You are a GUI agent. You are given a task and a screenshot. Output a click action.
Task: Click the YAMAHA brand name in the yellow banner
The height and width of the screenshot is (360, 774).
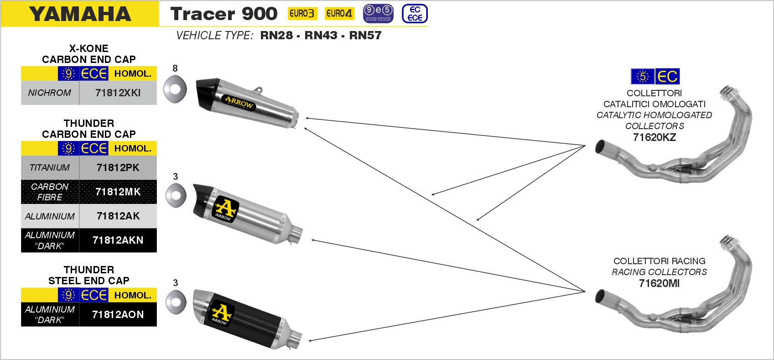pos(80,14)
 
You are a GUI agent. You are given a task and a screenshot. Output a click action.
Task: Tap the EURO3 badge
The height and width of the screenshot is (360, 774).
pos(302,14)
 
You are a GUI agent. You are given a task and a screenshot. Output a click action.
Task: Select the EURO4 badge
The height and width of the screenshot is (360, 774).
pos(339,14)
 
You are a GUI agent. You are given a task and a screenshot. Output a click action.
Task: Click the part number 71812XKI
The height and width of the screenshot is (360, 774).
pos(118,93)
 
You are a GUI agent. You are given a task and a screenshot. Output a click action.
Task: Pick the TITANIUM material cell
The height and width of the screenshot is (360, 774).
pos(50,167)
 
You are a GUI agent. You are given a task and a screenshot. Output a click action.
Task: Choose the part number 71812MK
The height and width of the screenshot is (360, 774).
pos(118,192)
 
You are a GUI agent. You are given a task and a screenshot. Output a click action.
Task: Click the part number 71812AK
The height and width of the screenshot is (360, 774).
pos(118,216)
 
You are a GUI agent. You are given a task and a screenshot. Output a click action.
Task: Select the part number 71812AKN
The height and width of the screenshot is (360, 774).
pos(118,240)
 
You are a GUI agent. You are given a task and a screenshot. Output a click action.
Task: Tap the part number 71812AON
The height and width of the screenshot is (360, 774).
pos(118,314)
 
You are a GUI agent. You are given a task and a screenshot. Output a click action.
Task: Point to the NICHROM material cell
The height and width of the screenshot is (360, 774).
pos(50,93)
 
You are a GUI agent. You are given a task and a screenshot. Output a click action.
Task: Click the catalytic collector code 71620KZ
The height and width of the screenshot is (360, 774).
pos(655,137)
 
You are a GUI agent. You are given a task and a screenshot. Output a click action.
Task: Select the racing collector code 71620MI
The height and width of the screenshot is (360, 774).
pos(659,283)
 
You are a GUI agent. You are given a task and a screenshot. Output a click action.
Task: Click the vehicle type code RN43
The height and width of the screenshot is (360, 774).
pos(321,35)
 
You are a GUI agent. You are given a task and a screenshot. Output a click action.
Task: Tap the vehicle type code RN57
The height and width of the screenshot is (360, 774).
pos(365,35)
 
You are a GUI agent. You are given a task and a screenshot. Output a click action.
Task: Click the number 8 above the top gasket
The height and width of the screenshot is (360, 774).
pos(175,68)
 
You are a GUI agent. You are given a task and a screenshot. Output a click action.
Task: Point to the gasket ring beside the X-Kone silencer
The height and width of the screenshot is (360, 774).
pos(175,89)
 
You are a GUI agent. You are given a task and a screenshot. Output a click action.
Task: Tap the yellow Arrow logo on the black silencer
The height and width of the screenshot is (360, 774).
pos(222,313)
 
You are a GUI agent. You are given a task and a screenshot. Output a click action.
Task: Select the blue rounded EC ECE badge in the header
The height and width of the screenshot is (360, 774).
pos(415,14)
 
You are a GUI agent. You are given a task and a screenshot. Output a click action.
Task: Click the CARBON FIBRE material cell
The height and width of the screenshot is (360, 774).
pos(50,192)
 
